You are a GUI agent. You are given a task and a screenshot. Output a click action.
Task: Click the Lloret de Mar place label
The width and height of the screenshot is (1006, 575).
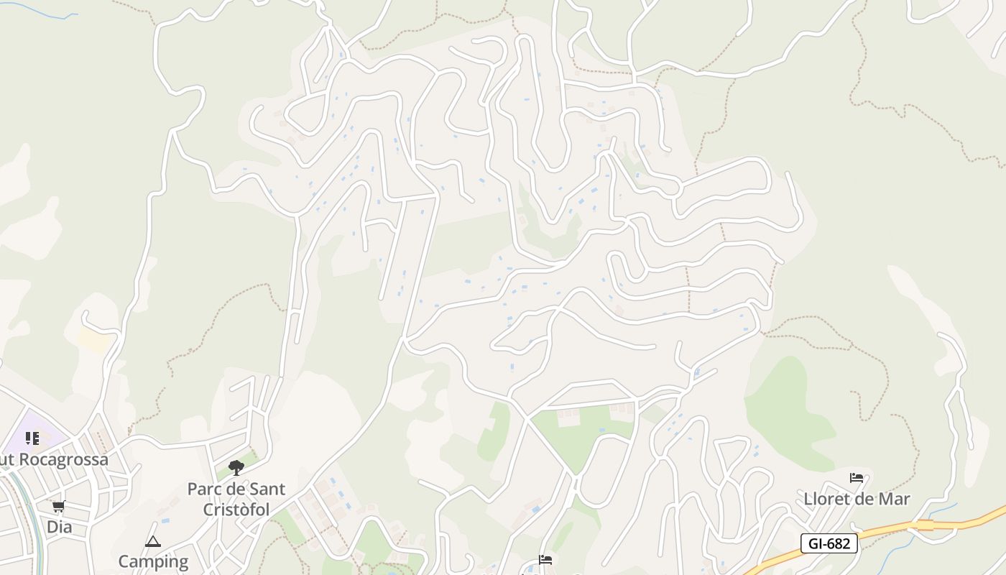pyautogui.click(x=857, y=499)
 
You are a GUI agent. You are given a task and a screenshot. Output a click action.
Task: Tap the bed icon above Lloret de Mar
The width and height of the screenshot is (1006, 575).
pyautogui.click(x=856, y=478)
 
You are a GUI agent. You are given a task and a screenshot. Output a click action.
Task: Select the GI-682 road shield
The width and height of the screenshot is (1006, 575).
pyautogui.click(x=829, y=543)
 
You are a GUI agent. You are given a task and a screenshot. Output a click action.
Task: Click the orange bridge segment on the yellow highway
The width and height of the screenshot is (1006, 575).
pyautogui.click(x=924, y=525)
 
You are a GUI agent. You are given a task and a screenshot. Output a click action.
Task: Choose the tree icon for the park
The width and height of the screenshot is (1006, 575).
pyautogui.click(x=236, y=468)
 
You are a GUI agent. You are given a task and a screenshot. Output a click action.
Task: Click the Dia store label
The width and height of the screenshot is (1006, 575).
pyautogui.click(x=59, y=527)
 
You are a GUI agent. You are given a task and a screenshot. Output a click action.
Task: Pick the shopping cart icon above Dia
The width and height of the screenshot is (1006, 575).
pyautogui.click(x=59, y=507)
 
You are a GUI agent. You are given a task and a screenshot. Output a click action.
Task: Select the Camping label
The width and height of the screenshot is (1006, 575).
pyautogui.click(x=152, y=561)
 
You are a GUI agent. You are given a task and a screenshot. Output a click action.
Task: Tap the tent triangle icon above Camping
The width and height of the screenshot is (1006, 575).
pyautogui.click(x=152, y=541)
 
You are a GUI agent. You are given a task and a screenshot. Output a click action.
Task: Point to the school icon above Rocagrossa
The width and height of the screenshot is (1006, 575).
pyautogui.click(x=32, y=438)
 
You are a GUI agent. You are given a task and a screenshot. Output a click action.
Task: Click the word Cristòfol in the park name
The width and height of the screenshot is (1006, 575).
pyautogui.click(x=236, y=510)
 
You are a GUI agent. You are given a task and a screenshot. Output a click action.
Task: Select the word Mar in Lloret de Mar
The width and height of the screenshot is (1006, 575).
pyautogui.click(x=892, y=499)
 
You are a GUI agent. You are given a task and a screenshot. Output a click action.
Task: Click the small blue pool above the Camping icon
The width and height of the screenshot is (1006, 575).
pyautogui.click(x=166, y=520)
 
